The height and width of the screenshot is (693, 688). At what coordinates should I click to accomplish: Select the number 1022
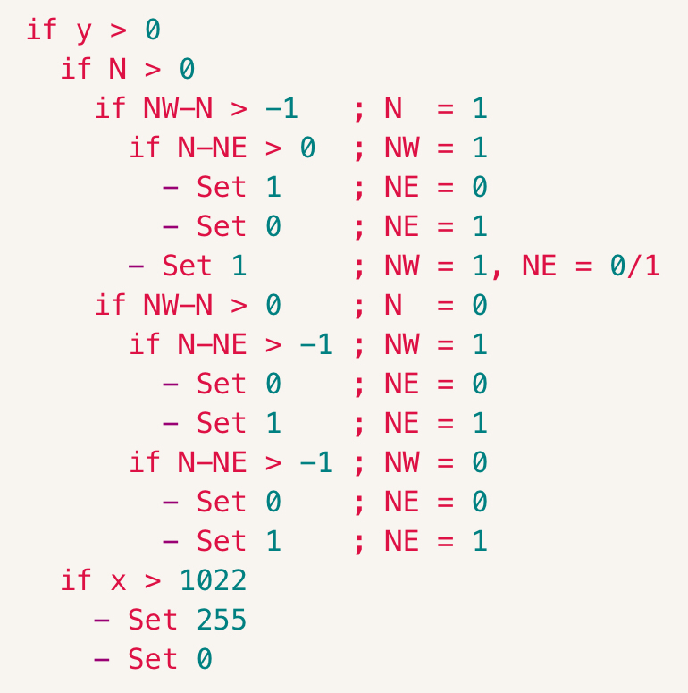213,579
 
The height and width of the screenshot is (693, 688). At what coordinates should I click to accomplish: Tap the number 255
222,619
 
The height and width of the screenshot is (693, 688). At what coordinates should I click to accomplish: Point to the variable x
118,581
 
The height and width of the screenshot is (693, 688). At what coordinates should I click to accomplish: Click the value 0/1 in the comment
635,266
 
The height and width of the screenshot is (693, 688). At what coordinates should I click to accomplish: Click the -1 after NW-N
281,108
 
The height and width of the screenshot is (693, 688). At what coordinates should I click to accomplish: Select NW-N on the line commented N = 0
178,305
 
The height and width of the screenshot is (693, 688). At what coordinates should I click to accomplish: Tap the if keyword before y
41,30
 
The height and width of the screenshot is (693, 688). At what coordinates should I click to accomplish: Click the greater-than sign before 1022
153,581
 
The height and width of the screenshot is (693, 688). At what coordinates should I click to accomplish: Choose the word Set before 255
153,619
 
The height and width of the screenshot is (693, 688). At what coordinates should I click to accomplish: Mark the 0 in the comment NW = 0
480,462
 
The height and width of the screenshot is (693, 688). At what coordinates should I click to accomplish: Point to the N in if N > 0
117,69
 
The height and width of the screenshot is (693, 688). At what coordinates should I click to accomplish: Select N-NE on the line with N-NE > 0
213,148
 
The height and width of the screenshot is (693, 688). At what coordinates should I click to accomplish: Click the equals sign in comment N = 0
446,305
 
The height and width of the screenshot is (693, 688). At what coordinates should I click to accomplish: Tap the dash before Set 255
102,621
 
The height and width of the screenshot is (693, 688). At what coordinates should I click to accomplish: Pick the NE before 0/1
539,266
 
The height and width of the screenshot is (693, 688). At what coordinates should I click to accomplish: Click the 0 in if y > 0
153,30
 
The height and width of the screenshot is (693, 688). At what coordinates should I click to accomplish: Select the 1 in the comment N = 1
480,108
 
